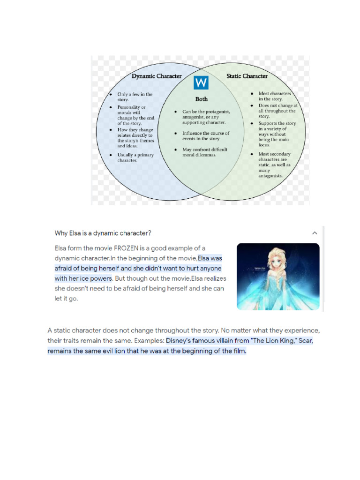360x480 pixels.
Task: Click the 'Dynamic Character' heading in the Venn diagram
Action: (x=156, y=76)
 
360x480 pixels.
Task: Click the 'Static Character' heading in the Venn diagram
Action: (x=247, y=76)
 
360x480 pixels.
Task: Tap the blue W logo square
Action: (x=201, y=83)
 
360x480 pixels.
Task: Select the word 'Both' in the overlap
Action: (x=201, y=99)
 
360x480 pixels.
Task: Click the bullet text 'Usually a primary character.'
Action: (x=135, y=157)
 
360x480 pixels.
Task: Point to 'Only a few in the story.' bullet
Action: (x=135, y=97)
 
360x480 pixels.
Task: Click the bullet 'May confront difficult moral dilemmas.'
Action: (x=204, y=152)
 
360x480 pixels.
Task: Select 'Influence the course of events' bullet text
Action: (x=205, y=136)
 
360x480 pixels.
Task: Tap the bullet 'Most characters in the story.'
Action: (x=274, y=96)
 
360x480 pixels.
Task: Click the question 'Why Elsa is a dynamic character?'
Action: (x=103, y=233)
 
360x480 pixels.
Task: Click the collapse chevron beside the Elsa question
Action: (x=315, y=233)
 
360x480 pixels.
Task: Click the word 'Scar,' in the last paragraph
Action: (x=305, y=341)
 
